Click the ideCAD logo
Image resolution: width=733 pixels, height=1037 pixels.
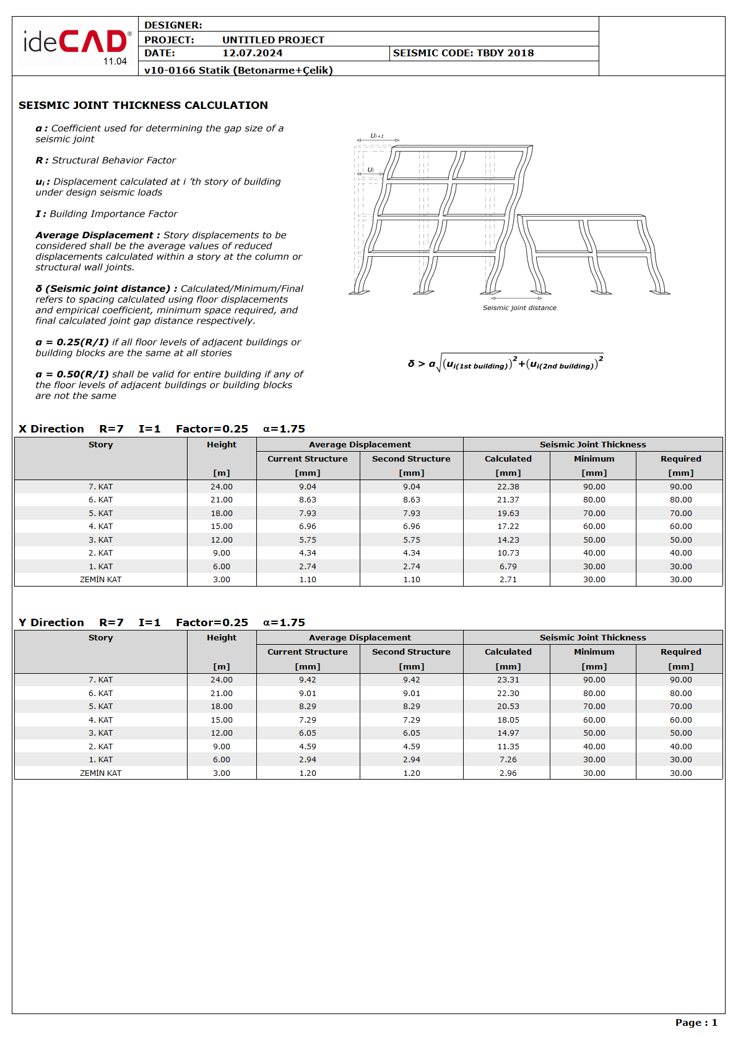tap(76, 43)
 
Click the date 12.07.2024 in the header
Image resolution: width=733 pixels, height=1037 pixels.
tap(252, 53)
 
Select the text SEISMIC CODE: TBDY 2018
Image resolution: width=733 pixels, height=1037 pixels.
tap(463, 53)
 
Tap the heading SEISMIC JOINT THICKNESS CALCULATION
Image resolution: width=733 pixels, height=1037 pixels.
tap(143, 105)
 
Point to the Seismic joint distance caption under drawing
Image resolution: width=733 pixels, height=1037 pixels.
tap(519, 308)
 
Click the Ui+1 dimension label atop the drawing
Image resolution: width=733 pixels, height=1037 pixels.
tap(377, 136)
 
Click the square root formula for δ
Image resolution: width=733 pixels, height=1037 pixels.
tap(506, 363)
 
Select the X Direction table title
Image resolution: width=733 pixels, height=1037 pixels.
tap(51, 429)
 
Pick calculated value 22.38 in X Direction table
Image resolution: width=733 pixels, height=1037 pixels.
tap(508, 487)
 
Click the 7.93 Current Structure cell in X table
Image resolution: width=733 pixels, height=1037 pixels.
tap(307, 514)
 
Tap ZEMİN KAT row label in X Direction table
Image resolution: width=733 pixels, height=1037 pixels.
tap(100, 580)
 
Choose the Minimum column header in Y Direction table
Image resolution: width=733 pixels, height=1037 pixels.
tap(594, 652)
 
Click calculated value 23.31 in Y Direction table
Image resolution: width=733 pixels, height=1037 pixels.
tap(508, 680)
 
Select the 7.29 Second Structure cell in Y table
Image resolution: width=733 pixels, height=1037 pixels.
tap(411, 720)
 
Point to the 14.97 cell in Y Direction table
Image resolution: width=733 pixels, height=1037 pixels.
tap(508, 733)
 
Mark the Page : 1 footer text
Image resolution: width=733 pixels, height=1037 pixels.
tap(696, 1023)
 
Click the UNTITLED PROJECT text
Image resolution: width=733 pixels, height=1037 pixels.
tap(273, 40)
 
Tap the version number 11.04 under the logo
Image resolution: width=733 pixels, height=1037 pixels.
tap(115, 61)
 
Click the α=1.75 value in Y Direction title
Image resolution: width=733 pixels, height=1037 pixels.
tap(284, 622)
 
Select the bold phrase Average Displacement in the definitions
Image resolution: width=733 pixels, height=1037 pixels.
tap(94, 235)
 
